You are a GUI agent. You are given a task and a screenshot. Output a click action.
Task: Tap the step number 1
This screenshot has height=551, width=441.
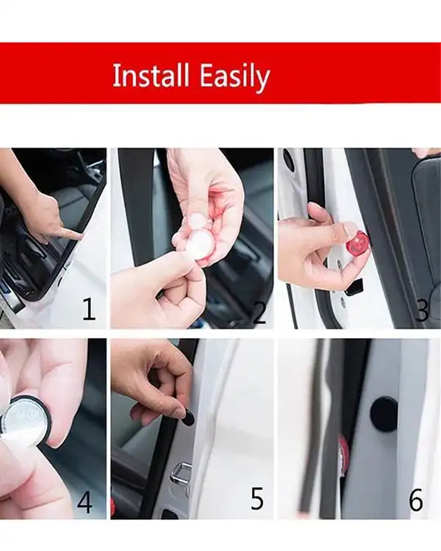coord(89,309)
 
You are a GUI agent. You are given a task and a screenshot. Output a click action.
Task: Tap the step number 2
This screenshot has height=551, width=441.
coord(259,312)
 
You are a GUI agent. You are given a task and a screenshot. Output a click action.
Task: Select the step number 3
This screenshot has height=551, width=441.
coord(423,310)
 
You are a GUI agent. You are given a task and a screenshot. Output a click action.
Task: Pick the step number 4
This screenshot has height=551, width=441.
coord(85,502)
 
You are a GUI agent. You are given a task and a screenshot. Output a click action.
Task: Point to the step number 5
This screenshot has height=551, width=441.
coord(257,498)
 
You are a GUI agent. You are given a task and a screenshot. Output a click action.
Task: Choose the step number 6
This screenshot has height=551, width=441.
coord(416,500)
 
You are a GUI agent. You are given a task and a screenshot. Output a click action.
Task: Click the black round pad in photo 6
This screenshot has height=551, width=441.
coord(384,411)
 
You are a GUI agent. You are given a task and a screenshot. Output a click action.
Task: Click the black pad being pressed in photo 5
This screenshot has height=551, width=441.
coord(189,417)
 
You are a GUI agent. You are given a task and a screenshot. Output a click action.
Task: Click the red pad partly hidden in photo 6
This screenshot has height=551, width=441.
coord(343,454)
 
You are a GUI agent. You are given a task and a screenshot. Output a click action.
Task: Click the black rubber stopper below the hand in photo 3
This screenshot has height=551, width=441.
coord(354,287)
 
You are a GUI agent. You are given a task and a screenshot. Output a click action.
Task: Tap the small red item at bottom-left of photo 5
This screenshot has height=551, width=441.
coord(113,506)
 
